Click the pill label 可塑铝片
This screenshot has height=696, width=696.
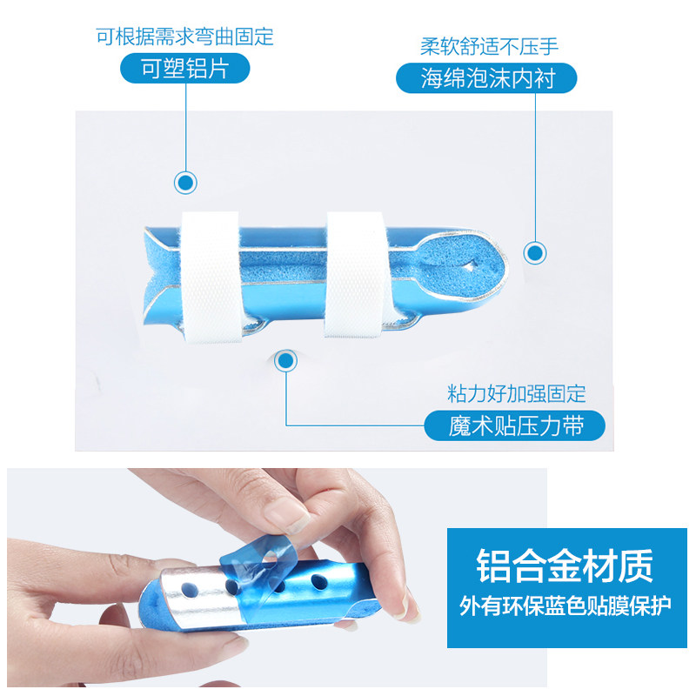pyautogui.click(x=185, y=69)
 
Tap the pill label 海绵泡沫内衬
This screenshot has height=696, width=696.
pyautogui.click(x=486, y=78)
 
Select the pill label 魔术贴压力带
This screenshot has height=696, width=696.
pyautogui.click(x=514, y=425)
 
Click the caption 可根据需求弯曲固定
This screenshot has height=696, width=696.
pyautogui.click(x=184, y=37)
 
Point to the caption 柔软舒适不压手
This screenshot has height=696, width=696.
pyautogui.click(x=489, y=46)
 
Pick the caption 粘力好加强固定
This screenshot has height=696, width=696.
pyautogui.click(x=516, y=394)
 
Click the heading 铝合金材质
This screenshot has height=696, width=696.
pyautogui.click(x=565, y=565)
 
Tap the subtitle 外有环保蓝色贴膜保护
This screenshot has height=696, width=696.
pyautogui.click(x=565, y=606)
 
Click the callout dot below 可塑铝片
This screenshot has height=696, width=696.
pyautogui.click(x=185, y=183)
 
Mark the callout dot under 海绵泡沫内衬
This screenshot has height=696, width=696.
pyautogui.click(x=535, y=253)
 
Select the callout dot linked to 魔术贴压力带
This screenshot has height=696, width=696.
pyautogui.click(x=286, y=361)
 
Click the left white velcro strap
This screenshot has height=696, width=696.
pyautogui.click(x=211, y=278)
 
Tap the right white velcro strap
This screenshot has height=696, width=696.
pyautogui.click(x=356, y=274)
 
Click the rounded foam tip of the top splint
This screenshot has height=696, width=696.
pyautogui.click(x=462, y=265)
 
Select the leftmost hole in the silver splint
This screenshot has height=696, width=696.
pyautogui.click(x=189, y=590)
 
